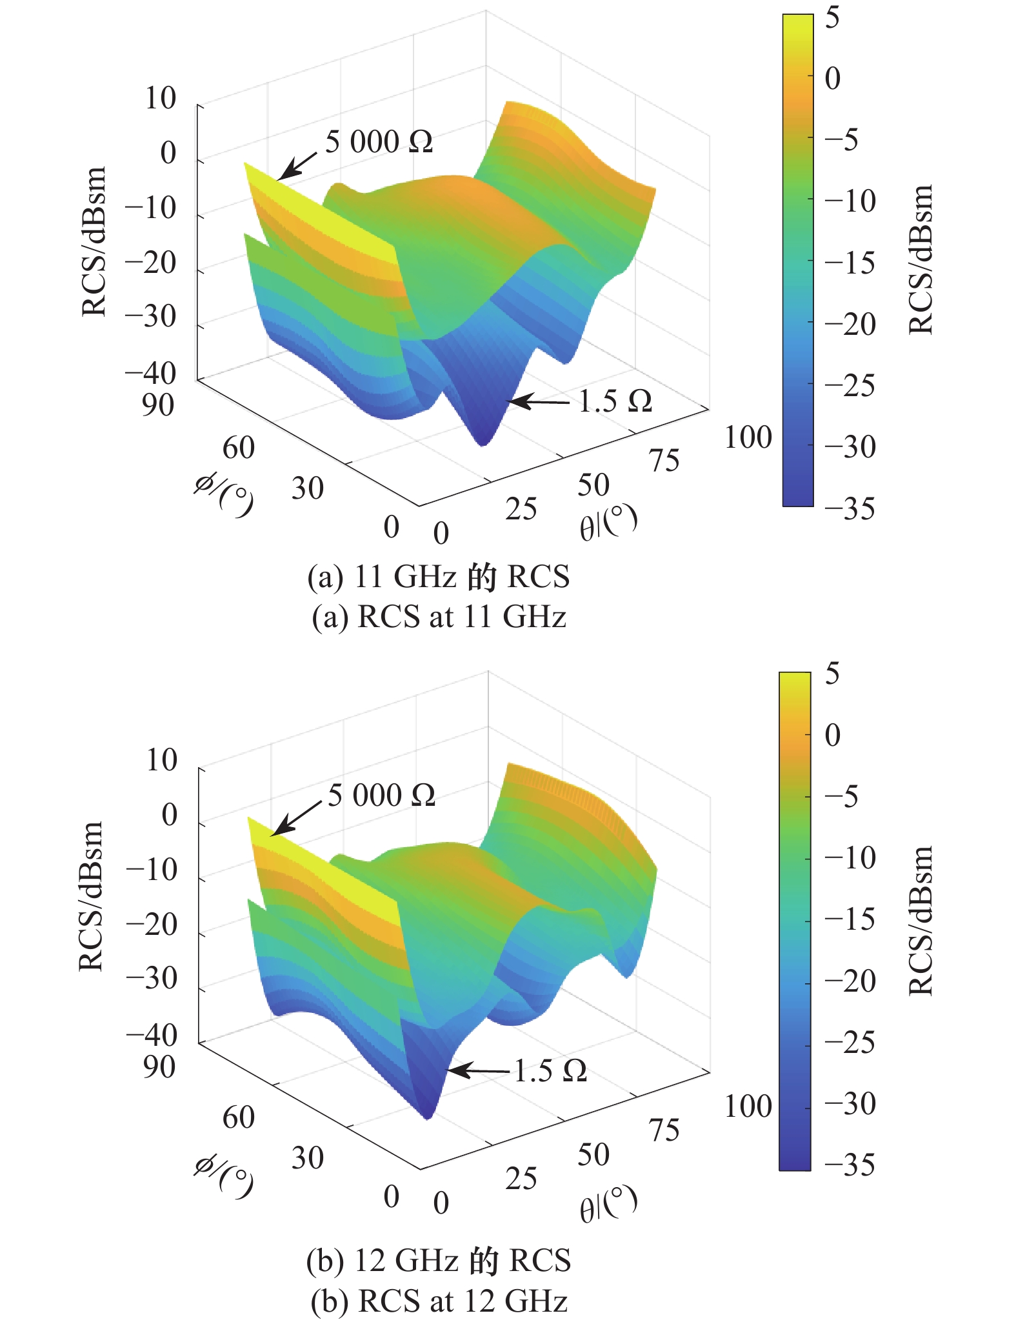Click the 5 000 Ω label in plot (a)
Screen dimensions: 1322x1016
[x=379, y=141]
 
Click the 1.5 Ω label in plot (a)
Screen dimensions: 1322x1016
[x=615, y=401]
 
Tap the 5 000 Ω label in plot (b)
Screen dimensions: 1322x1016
[x=381, y=795]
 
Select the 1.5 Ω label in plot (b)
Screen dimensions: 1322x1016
[x=550, y=1070]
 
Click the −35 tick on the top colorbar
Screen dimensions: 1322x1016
[x=850, y=508]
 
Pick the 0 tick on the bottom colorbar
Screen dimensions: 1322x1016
[x=833, y=735]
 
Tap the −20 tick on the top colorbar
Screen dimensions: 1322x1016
[x=850, y=324]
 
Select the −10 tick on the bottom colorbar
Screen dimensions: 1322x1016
[x=850, y=857]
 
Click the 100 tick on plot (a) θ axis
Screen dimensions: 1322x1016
[x=748, y=437]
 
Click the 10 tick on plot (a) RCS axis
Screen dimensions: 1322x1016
[x=160, y=99]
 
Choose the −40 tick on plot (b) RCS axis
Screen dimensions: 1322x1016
[x=151, y=1034]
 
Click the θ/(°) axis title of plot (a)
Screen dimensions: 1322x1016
[x=608, y=522]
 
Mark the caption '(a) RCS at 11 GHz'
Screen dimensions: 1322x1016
[x=439, y=617]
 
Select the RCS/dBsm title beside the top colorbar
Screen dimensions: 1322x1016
[x=921, y=259]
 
